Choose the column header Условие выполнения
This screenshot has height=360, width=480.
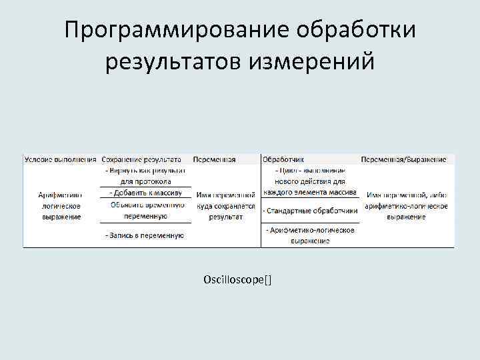pyautogui.click(x=61, y=160)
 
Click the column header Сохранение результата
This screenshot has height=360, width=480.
pyautogui.click(x=142, y=160)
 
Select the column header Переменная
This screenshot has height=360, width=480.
pyautogui.click(x=214, y=160)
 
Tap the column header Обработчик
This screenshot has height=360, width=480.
pyautogui.click(x=283, y=160)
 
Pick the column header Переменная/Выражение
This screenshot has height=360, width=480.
pyautogui.click(x=403, y=160)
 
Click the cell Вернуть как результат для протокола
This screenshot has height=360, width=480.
pyautogui.click(x=145, y=176)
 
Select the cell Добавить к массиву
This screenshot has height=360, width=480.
pyautogui.click(x=145, y=193)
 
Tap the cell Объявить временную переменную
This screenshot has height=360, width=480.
pyautogui.click(x=145, y=210)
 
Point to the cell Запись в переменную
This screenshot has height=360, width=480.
pyautogui.click(x=145, y=235)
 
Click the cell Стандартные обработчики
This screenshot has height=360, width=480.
pyautogui.click(x=310, y=211)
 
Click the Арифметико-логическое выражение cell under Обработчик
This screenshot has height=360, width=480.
pyautogui.click(x=310, y=235)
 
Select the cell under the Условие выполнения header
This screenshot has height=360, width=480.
pyautogui.click(x=60, y=205)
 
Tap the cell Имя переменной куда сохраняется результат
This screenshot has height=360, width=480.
pyautogui.click(x=226, y=205)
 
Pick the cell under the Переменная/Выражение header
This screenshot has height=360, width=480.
pyautogui.click(x=406, y=205)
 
